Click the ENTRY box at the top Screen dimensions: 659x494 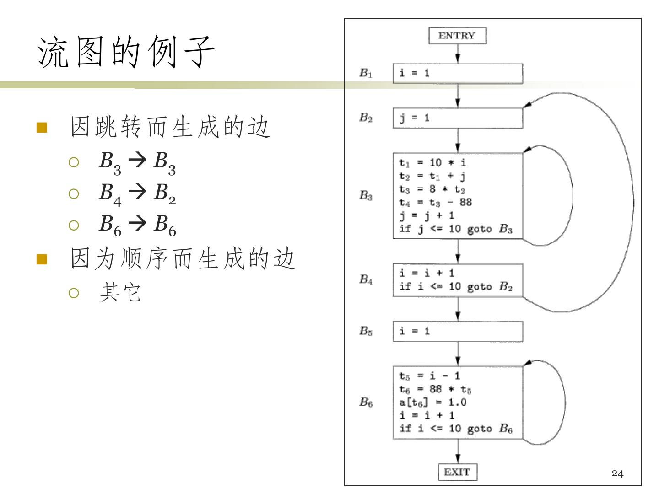457,36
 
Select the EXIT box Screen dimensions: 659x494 458,472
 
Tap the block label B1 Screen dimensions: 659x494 366,73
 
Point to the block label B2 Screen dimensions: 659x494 366,117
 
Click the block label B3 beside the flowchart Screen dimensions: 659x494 366,195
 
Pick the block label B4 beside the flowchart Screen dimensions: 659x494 366,279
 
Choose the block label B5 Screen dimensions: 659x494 366,331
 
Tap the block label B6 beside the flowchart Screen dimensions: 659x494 366,402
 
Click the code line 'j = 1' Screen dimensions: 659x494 414,118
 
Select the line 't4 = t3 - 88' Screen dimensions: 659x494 436,203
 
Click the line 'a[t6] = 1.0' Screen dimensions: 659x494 432,402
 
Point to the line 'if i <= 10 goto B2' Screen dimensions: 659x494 456,287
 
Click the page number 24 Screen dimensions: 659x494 617,473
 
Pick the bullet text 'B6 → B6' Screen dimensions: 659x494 137,226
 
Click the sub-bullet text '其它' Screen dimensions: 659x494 120,292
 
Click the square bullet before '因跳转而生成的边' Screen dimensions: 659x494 42,128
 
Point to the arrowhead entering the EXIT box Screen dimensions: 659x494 458,459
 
